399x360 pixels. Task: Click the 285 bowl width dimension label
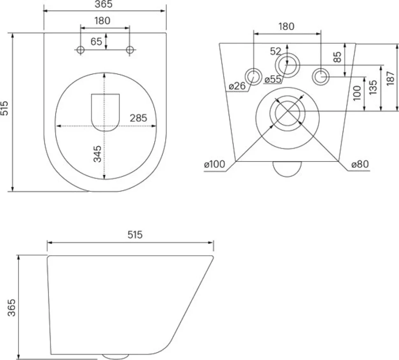pos(138,118)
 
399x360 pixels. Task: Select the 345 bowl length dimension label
pos(97,154)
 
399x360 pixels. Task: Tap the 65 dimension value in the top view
pos(96,42)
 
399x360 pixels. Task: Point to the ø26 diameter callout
pos(237,86)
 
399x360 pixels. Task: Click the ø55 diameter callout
pos(273,79)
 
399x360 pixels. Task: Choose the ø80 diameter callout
pos(360,164)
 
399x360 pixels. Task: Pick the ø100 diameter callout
pos(214,164)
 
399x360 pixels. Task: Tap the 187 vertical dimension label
pos(390,78)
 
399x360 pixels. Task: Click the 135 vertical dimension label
pos(373,87)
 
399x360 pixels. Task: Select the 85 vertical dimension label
pos(337,57)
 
